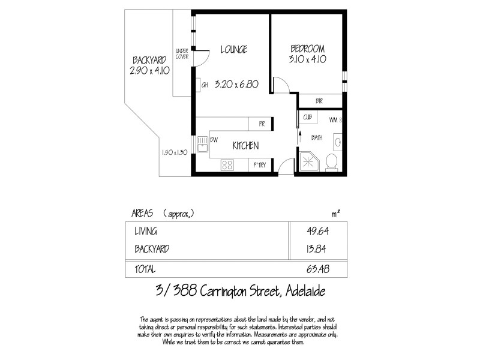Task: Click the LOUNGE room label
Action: point(233,50)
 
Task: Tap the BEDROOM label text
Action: point(307,49)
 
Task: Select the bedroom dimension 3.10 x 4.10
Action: point(307,60)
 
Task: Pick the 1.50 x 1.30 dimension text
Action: point(175,152)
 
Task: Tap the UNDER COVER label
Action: point(182,53)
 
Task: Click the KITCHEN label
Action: point(245,146)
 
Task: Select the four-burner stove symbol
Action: point(227,164)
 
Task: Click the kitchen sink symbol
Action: point(204,145)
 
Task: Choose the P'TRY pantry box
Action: point(260,164)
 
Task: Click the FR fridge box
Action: point(262,124)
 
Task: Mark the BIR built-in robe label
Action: point(319,101)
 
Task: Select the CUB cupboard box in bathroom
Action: point(307,118)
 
